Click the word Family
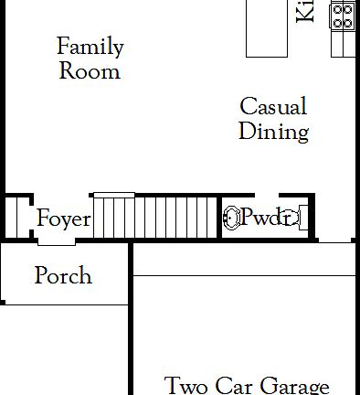point(90,48)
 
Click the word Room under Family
point(90,70)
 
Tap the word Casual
point(273,107)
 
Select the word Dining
point(273,131)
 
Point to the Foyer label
point(63,219)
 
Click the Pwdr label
point(266,218)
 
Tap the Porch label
point(63,275)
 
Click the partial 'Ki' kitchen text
point(305,11)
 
